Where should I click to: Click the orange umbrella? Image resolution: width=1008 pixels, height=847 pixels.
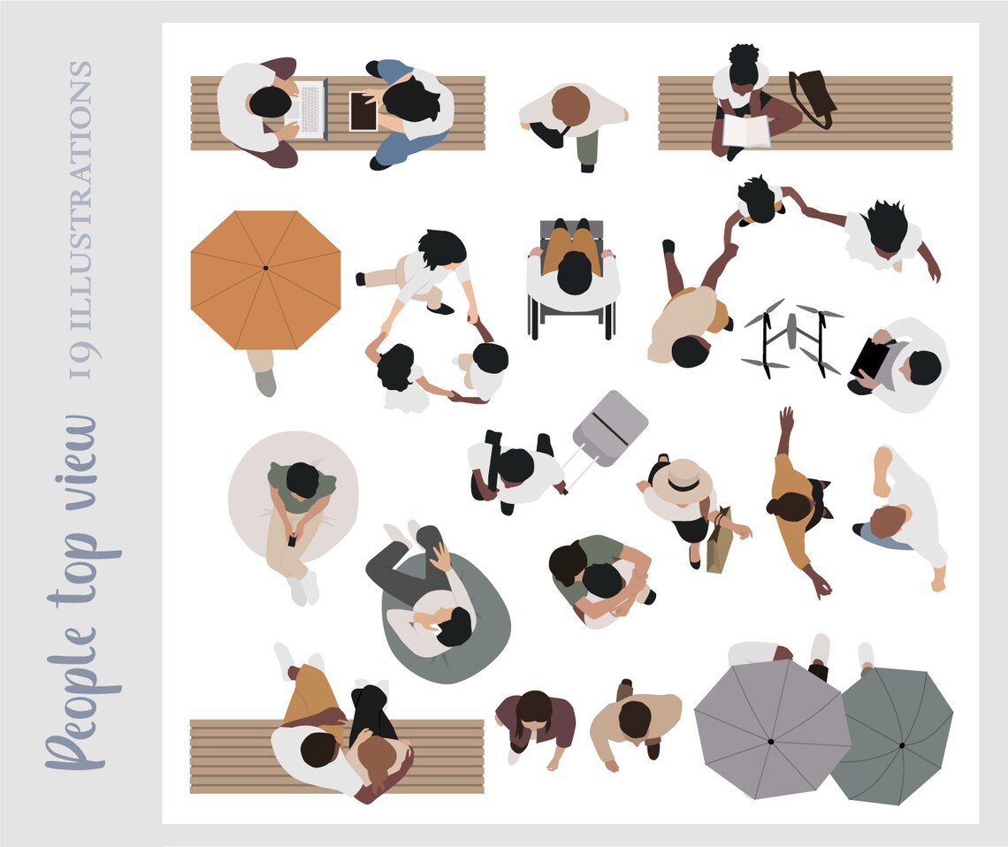point(265,279)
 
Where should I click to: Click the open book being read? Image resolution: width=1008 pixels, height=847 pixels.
point(746,131)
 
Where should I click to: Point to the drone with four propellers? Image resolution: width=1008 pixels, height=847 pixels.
point(791,337)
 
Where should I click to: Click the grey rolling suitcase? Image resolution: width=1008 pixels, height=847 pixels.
point(609,428)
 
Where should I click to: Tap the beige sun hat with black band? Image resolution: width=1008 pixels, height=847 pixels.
point(681,482)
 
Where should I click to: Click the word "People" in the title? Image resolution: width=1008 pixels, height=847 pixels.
point(75,698)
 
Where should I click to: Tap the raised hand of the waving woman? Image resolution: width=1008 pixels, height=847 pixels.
point(785,416)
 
